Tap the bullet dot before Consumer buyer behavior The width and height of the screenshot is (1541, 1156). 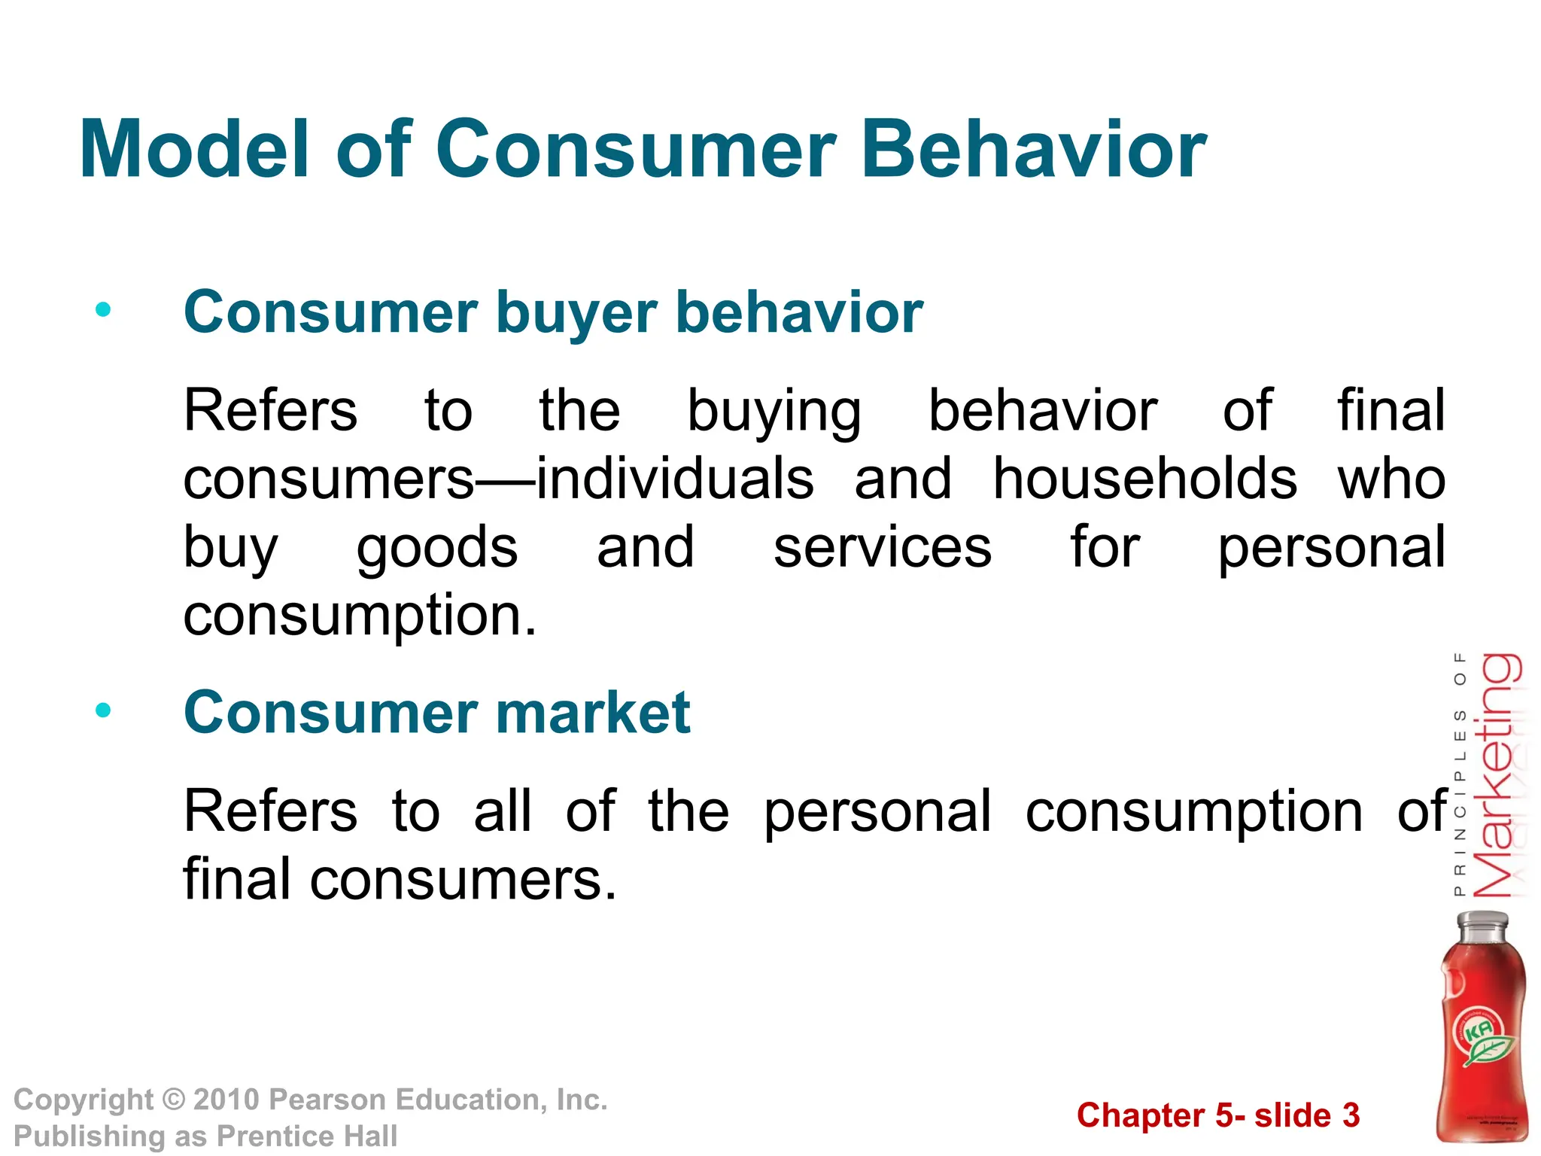103,309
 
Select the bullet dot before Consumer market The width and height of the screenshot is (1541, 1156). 103,710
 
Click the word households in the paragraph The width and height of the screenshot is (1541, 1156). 1144,479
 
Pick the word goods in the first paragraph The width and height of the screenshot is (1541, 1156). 436,548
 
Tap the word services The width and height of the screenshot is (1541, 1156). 882,548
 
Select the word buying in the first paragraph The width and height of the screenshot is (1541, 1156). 774,412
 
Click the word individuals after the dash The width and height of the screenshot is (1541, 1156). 676,479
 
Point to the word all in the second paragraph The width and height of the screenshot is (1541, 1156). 503,811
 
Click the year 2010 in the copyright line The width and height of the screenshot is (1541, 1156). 226,1100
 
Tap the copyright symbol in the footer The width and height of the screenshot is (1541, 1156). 174,1100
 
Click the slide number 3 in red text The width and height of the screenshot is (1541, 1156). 1351,1115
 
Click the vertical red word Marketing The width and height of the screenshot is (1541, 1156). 1497,775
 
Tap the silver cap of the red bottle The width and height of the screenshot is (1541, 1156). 1482,926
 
